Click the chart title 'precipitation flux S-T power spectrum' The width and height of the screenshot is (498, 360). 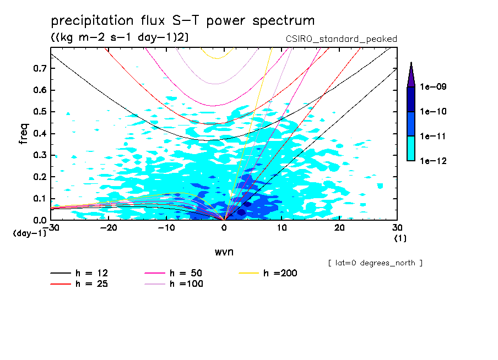tap(183, 21)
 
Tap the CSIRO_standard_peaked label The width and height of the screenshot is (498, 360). tap(341, 39)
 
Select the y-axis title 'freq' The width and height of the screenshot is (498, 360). tap(24, 134)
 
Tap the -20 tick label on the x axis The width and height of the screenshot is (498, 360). tap(108, 227)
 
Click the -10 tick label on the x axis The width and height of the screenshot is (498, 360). tap(166, 227)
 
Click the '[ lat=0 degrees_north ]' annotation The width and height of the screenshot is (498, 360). tap(375, 263)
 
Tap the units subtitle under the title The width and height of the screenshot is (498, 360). tap(120, 37)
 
